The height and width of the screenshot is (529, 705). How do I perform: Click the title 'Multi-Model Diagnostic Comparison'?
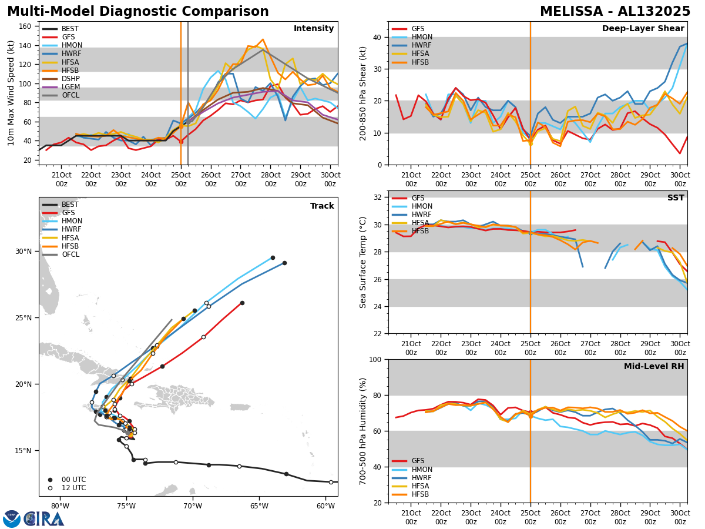pos(138,12)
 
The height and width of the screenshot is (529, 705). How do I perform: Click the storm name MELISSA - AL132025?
pos(615,12)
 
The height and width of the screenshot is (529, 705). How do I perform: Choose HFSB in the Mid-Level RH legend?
pos(420,494)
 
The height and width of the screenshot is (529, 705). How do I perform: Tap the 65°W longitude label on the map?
pos(259,507)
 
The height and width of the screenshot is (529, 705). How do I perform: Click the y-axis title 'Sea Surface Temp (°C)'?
pos(363,262)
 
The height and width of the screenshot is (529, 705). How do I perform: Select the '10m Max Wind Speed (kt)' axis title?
pos(11,93)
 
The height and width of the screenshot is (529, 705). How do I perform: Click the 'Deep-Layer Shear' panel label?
pos(643,29)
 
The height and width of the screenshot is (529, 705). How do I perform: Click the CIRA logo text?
pos(44,519)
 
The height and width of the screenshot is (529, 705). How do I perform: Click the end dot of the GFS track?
pos(242,303)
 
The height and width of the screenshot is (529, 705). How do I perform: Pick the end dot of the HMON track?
pos(273,257)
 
